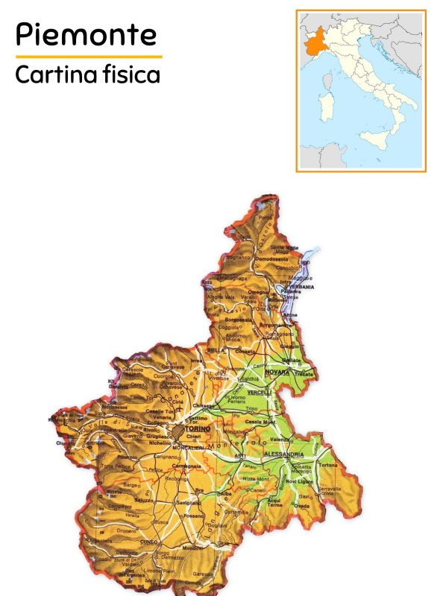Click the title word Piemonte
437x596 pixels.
87,34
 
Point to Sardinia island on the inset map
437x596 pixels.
325,110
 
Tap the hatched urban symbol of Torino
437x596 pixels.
177,431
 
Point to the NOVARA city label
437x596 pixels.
277,371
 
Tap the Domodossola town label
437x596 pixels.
271,259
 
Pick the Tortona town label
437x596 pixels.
327,465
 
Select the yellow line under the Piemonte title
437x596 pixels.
88,57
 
